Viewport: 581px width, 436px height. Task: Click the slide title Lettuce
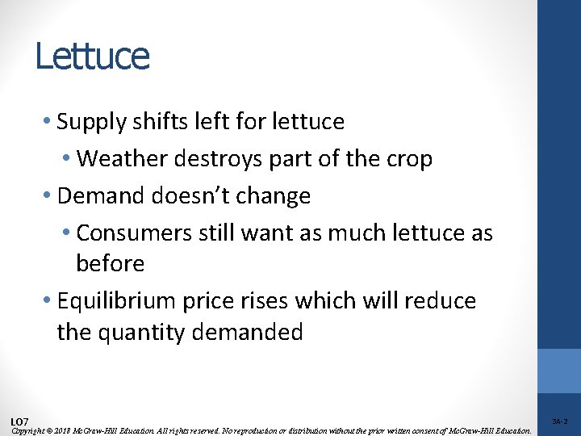[x=92, y=57]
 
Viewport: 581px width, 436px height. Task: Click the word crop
[x=410, y=159]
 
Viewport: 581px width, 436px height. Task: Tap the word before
[x=110, y=264]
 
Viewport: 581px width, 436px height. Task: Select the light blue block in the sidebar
[x=559, y=371]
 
